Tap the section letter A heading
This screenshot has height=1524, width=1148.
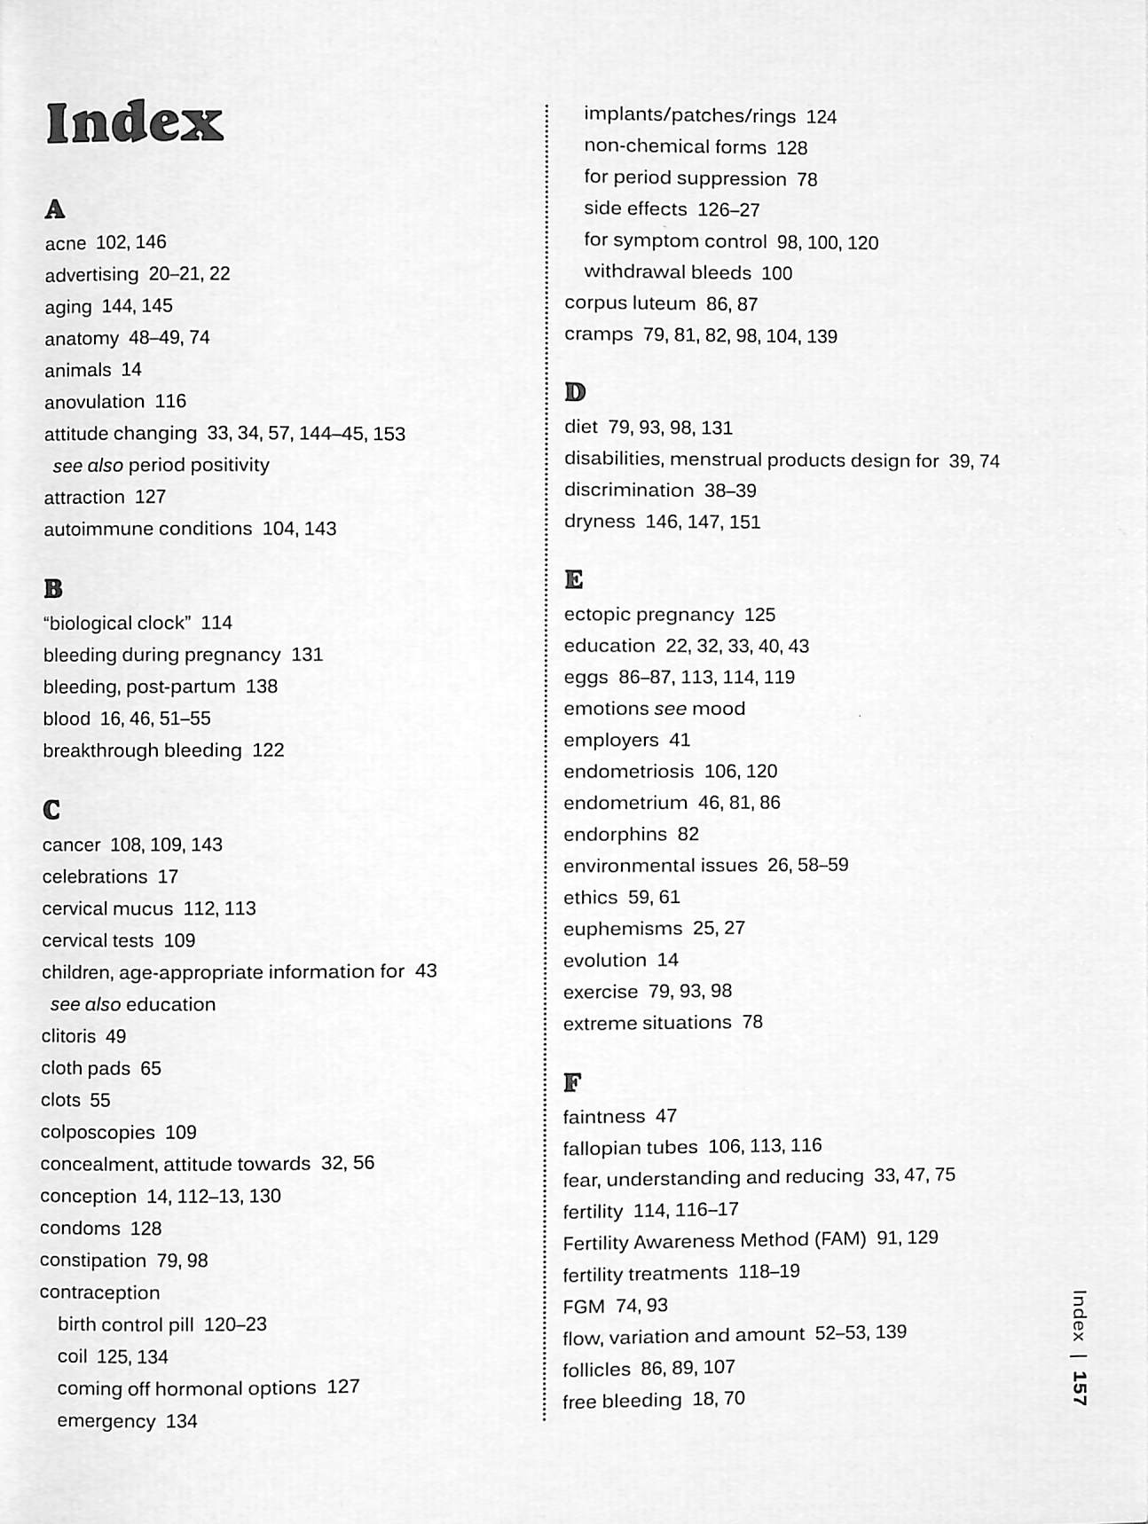pyautogui.click(x=55, y=209)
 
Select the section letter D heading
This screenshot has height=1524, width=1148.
pyautogui.click(x=575, y=392)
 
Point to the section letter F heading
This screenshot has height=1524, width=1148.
pyautogui.click(x=573, y=1082)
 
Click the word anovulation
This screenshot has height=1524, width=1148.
pyautogui.click(x=94, y=402)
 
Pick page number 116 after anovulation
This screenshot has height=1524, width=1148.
pyautogui.click(x=170, y=402)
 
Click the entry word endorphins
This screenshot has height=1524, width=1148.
pyautogui.click(x=615, y=835)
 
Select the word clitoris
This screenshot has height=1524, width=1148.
pyautogui.click(x=68, y=1036)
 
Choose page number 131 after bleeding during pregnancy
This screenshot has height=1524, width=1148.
pyautogui.click(x=307, y=655)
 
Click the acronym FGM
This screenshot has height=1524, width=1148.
pyautogui.click(x=584, y=1307)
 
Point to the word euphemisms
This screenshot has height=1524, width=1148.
pyautogui.click(x=623, y=929)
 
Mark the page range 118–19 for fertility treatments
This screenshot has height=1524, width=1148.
pyautogui.click(x=769, y=1272)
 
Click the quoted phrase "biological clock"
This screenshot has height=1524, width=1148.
pyautogui.click(x=117, y=623)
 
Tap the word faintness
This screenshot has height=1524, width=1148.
pyautogui.click(x=604, y=1117)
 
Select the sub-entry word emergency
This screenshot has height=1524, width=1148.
pyautogui.click(x=106, y=1421)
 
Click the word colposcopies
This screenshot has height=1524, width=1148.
pyautogui.click(x=98, y=1133)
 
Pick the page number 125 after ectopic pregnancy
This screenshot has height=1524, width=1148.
pyautogui.click(x=760, y=615)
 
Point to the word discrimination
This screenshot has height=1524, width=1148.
pyautogui.click(x=629, y=491)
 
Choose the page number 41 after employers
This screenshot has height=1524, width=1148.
pyautogui.click(x=680, y=740)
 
